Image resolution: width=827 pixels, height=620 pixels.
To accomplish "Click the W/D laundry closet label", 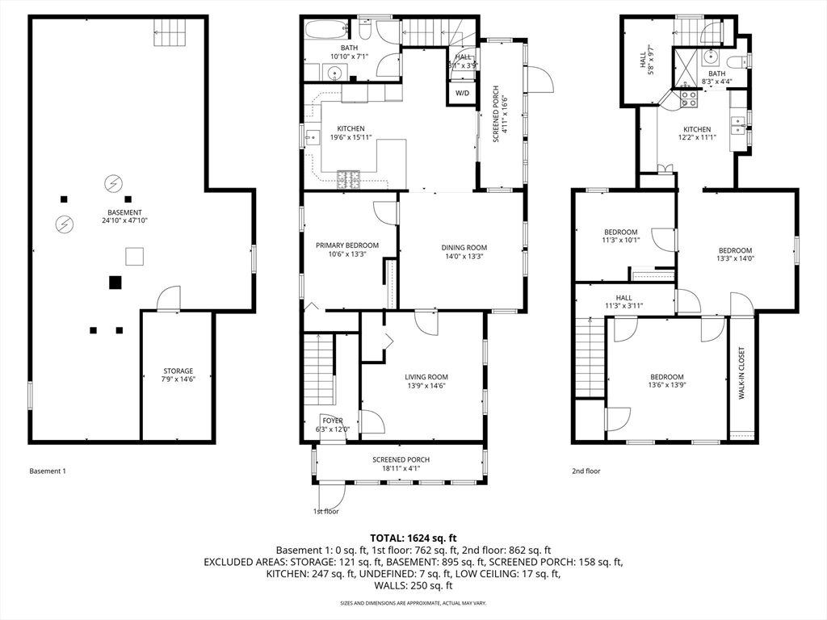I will (462, 94).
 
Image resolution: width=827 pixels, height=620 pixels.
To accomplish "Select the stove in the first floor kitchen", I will (348, 176).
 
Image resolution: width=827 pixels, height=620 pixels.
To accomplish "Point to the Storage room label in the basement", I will (178, 371).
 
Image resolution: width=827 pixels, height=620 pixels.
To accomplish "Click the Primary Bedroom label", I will (346, 245).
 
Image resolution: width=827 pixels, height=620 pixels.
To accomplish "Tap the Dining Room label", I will (464, 248).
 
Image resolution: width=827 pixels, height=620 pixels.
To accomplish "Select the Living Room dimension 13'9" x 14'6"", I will (426, 386).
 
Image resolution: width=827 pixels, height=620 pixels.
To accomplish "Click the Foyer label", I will (332, 421).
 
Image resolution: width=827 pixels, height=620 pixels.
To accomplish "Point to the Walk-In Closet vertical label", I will (741, 375).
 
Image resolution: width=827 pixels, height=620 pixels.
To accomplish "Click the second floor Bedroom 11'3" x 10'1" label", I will (620, 232).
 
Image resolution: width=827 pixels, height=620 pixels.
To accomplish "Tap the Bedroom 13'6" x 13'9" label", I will (667, 377).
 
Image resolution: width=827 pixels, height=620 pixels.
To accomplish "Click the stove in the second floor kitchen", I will (689, 98).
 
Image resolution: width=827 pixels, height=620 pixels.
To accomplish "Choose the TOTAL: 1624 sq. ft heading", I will (413, 538).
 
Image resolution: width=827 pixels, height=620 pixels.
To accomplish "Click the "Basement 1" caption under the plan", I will (47, 471).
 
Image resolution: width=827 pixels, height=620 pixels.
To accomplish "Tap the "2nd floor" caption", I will (586, 471).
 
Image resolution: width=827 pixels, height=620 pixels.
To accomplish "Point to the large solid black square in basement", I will (115, 282).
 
